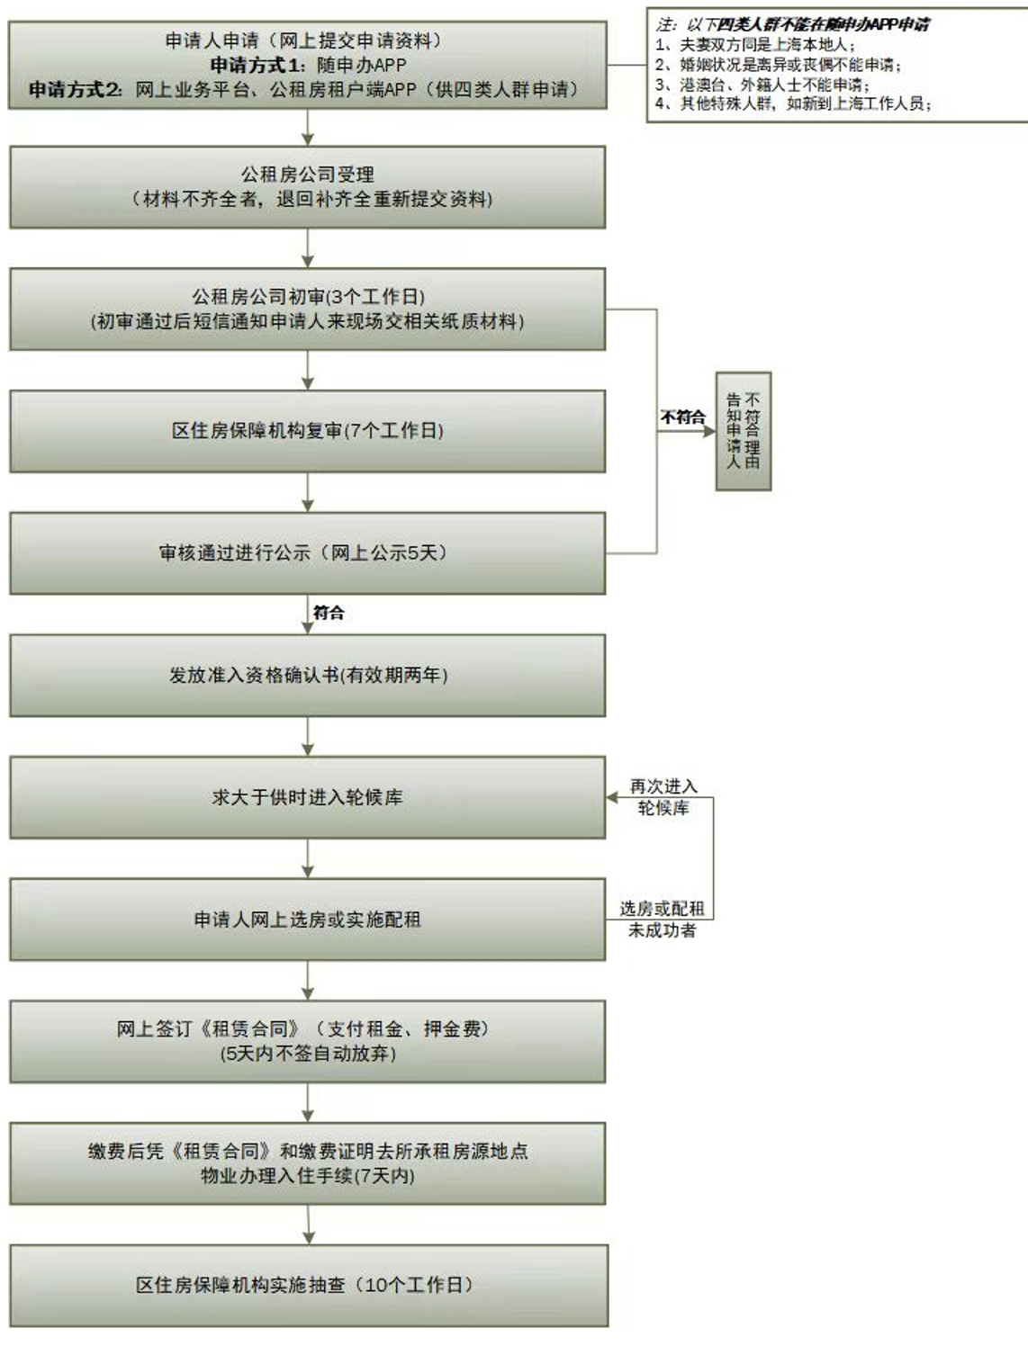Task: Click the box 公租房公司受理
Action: click(308, 186)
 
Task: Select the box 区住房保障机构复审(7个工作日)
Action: click(308, 431)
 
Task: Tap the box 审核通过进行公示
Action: click(308, 553)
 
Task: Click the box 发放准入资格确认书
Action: click(308, 676)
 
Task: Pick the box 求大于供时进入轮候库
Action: click(308, 798)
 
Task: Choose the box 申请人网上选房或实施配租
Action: click(308, 920)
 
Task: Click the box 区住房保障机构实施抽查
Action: click(308, 1286)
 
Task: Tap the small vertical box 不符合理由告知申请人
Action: click(744, 431)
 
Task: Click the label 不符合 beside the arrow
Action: click(682, 417)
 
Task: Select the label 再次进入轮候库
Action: click(663, 797)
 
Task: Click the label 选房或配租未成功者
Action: click(663, 920)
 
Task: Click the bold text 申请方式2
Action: click(76, 90)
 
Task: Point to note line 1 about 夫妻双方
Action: click(756, 45)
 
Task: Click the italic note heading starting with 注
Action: click(792, 24)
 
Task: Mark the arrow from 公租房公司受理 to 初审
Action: click(308, 248)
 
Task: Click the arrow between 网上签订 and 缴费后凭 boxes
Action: click(308, 1103)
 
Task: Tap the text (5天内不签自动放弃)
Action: click(308, 1054)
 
